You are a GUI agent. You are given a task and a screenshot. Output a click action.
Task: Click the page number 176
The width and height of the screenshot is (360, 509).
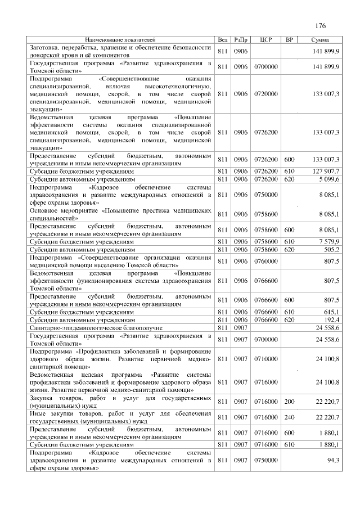[321, 26]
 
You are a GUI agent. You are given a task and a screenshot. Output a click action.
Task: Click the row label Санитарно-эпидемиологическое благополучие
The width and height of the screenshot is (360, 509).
[96, 327]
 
